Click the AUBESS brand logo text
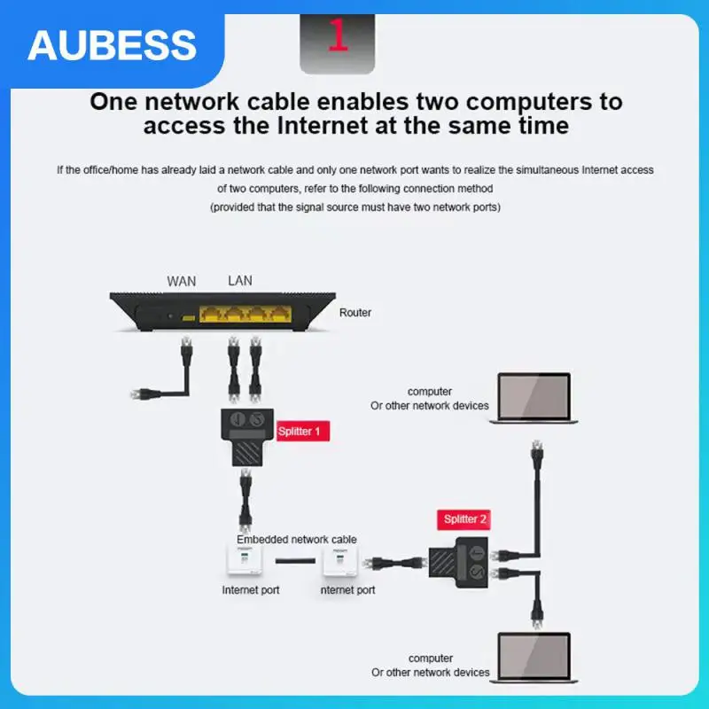click(x=112, y=43)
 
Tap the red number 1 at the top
click(x=338, y=35)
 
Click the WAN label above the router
click(x=182, y=281)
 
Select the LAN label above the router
click(x=239, y=281)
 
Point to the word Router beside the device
click(x=355, y=313)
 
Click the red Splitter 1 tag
click(x=304, y=432)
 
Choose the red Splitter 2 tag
click(x=464, y=518)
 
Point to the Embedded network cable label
click(x=296, y=539)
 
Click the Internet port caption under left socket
click(x=251, y=589)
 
